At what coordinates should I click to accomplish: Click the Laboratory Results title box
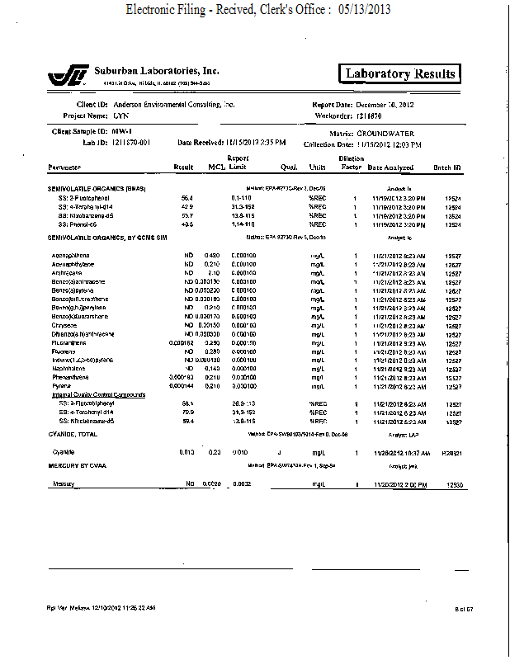(400, 73)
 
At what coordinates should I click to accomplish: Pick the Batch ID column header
(446, 167)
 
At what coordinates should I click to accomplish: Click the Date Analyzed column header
(390, 167)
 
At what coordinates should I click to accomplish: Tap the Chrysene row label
(65, 325)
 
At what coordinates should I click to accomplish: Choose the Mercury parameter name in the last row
(64, 483)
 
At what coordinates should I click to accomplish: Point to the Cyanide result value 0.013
(186, 452)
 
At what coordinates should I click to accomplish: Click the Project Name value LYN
(122, 116)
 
